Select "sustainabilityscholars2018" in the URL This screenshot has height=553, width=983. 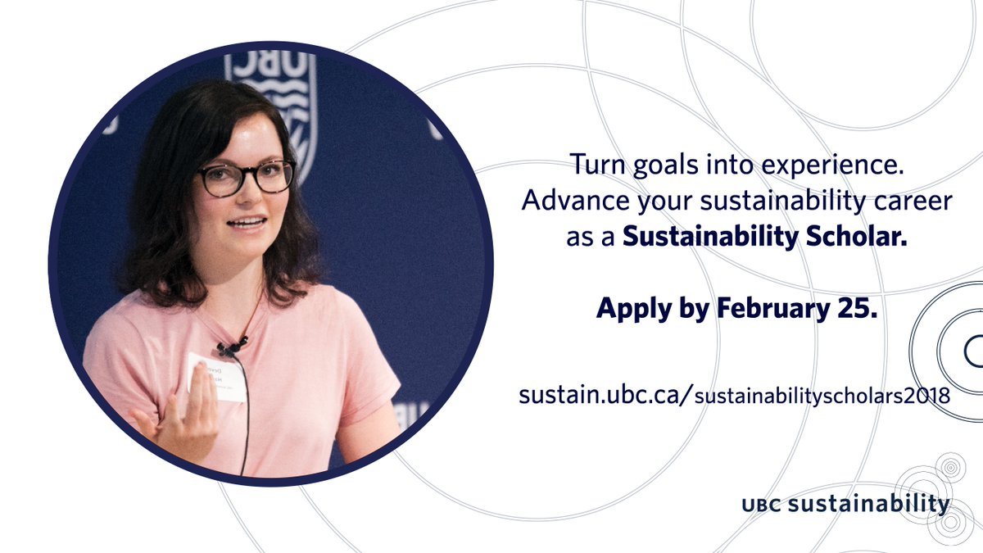pyautogui.click(x=822, y=396)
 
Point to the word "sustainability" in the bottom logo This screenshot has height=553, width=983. pyautogui.click(x=869, y=504)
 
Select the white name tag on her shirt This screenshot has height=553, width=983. pyautogui.click(x=216, y=377)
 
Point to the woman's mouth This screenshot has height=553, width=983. pyautogui.click(x=248, y=224)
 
